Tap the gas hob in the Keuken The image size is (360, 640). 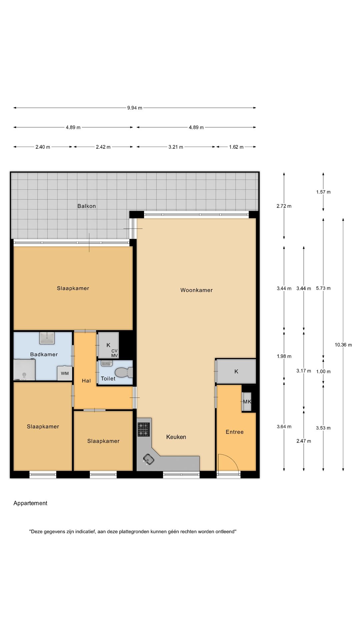click(x=144, y=429)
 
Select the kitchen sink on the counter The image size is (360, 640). click(x=149, y=460)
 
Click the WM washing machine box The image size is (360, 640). click(x=65, y=373)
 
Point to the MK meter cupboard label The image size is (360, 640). click(x=247, y=402)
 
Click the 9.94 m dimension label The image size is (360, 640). click(x=135, y=108)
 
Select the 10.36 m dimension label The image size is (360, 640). click(x=343, y=345)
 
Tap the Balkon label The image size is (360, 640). click(x=87, y=206)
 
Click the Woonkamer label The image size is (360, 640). click(x=197, y=290)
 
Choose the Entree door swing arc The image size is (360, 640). click(x=233, y=459)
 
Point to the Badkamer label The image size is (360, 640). click(x=44, y=354)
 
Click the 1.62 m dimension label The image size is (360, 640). click(x=236, y=147)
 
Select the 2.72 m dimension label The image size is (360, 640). click(x=284, y=206)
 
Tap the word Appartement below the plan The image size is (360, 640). click(x=30, y=503)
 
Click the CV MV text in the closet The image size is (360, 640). click(x=114, y=353)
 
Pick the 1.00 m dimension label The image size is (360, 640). click(x=323, y=372)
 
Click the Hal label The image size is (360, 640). click(x=86, y=381)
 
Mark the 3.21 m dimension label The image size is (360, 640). click(x=176, y=147)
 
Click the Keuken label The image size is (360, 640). click(x=176, y=437)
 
